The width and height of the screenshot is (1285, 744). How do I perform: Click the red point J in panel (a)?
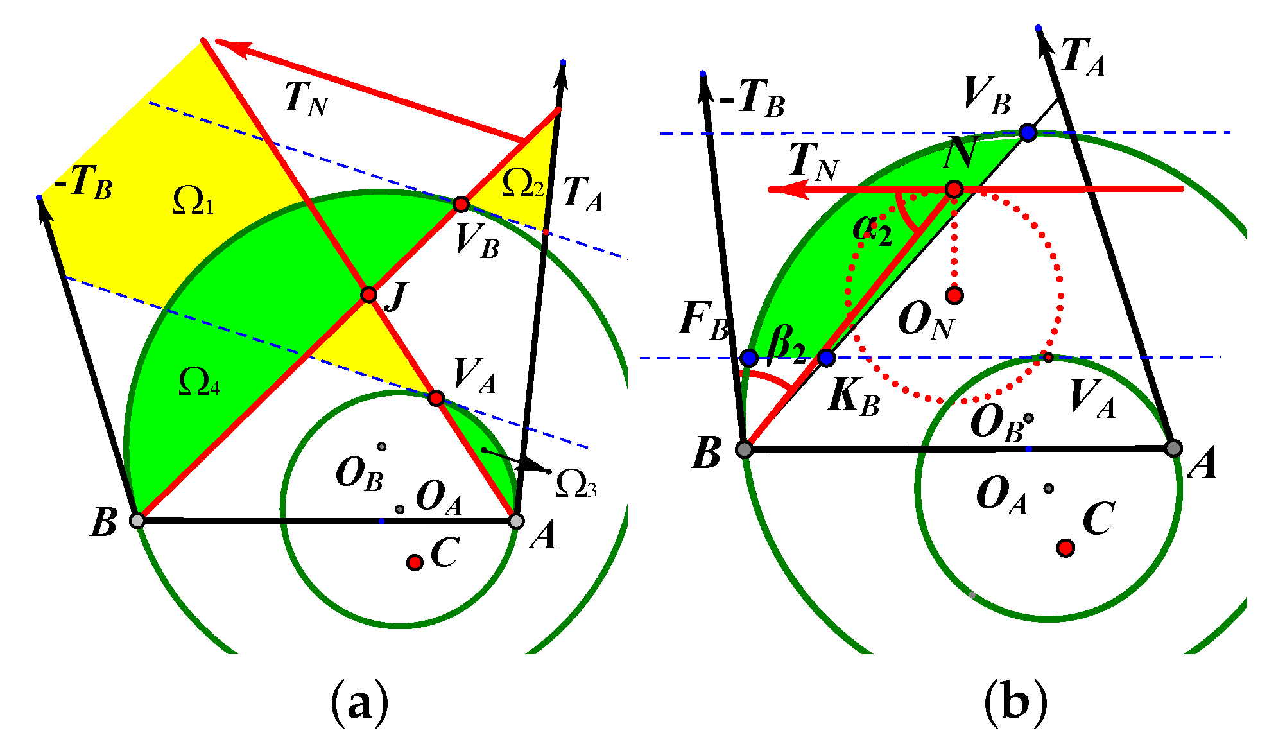[x=368, y=295]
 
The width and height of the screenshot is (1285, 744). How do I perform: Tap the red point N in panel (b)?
[x=954, y=189]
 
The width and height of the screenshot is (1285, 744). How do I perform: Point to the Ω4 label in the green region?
[x=200, y=383]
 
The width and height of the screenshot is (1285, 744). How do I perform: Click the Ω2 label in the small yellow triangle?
[x=522, y=182]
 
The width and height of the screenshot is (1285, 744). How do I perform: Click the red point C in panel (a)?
[x=415, y=563]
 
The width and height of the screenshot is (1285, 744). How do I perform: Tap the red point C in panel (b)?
[x=1066, y=548]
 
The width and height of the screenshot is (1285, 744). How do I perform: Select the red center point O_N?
[x=954, y=295]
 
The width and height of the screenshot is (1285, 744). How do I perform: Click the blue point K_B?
[x=827, y=358]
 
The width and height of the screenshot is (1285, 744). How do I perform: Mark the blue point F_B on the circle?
[x=748, y=358]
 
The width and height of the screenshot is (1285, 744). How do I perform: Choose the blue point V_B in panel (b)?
[x=1028, y=133]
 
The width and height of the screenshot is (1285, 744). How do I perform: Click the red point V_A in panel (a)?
[x=436, y=398]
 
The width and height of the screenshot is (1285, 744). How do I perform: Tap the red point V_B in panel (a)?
[x=461, y=205]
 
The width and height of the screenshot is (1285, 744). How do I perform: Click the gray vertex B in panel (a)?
[x=137, y=520]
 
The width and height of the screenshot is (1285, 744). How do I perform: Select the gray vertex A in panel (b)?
[x=1173, y=448]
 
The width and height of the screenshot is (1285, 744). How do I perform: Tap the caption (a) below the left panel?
[x=359, y=702]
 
